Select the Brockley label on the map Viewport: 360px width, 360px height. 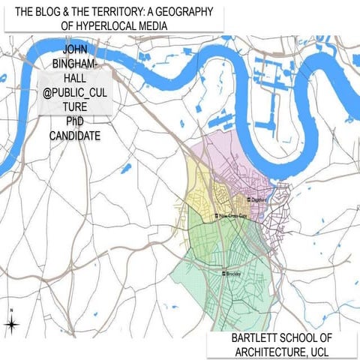tap(235, 274)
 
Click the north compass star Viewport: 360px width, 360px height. tap(11, 324)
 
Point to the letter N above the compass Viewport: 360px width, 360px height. tap(11, 310)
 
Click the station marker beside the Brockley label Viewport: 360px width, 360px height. tap(223, 274)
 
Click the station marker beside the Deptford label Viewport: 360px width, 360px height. tap(250, 199)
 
